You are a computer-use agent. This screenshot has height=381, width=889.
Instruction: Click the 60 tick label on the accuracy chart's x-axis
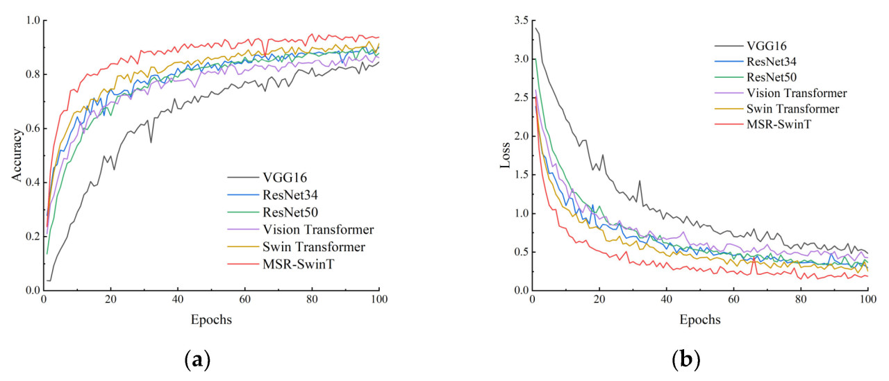click(x=244, y=300)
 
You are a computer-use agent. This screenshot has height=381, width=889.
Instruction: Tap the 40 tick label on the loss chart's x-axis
click(x=666, y=300)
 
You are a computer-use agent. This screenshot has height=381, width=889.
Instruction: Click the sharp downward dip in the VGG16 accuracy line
click(x=151, y=142)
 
